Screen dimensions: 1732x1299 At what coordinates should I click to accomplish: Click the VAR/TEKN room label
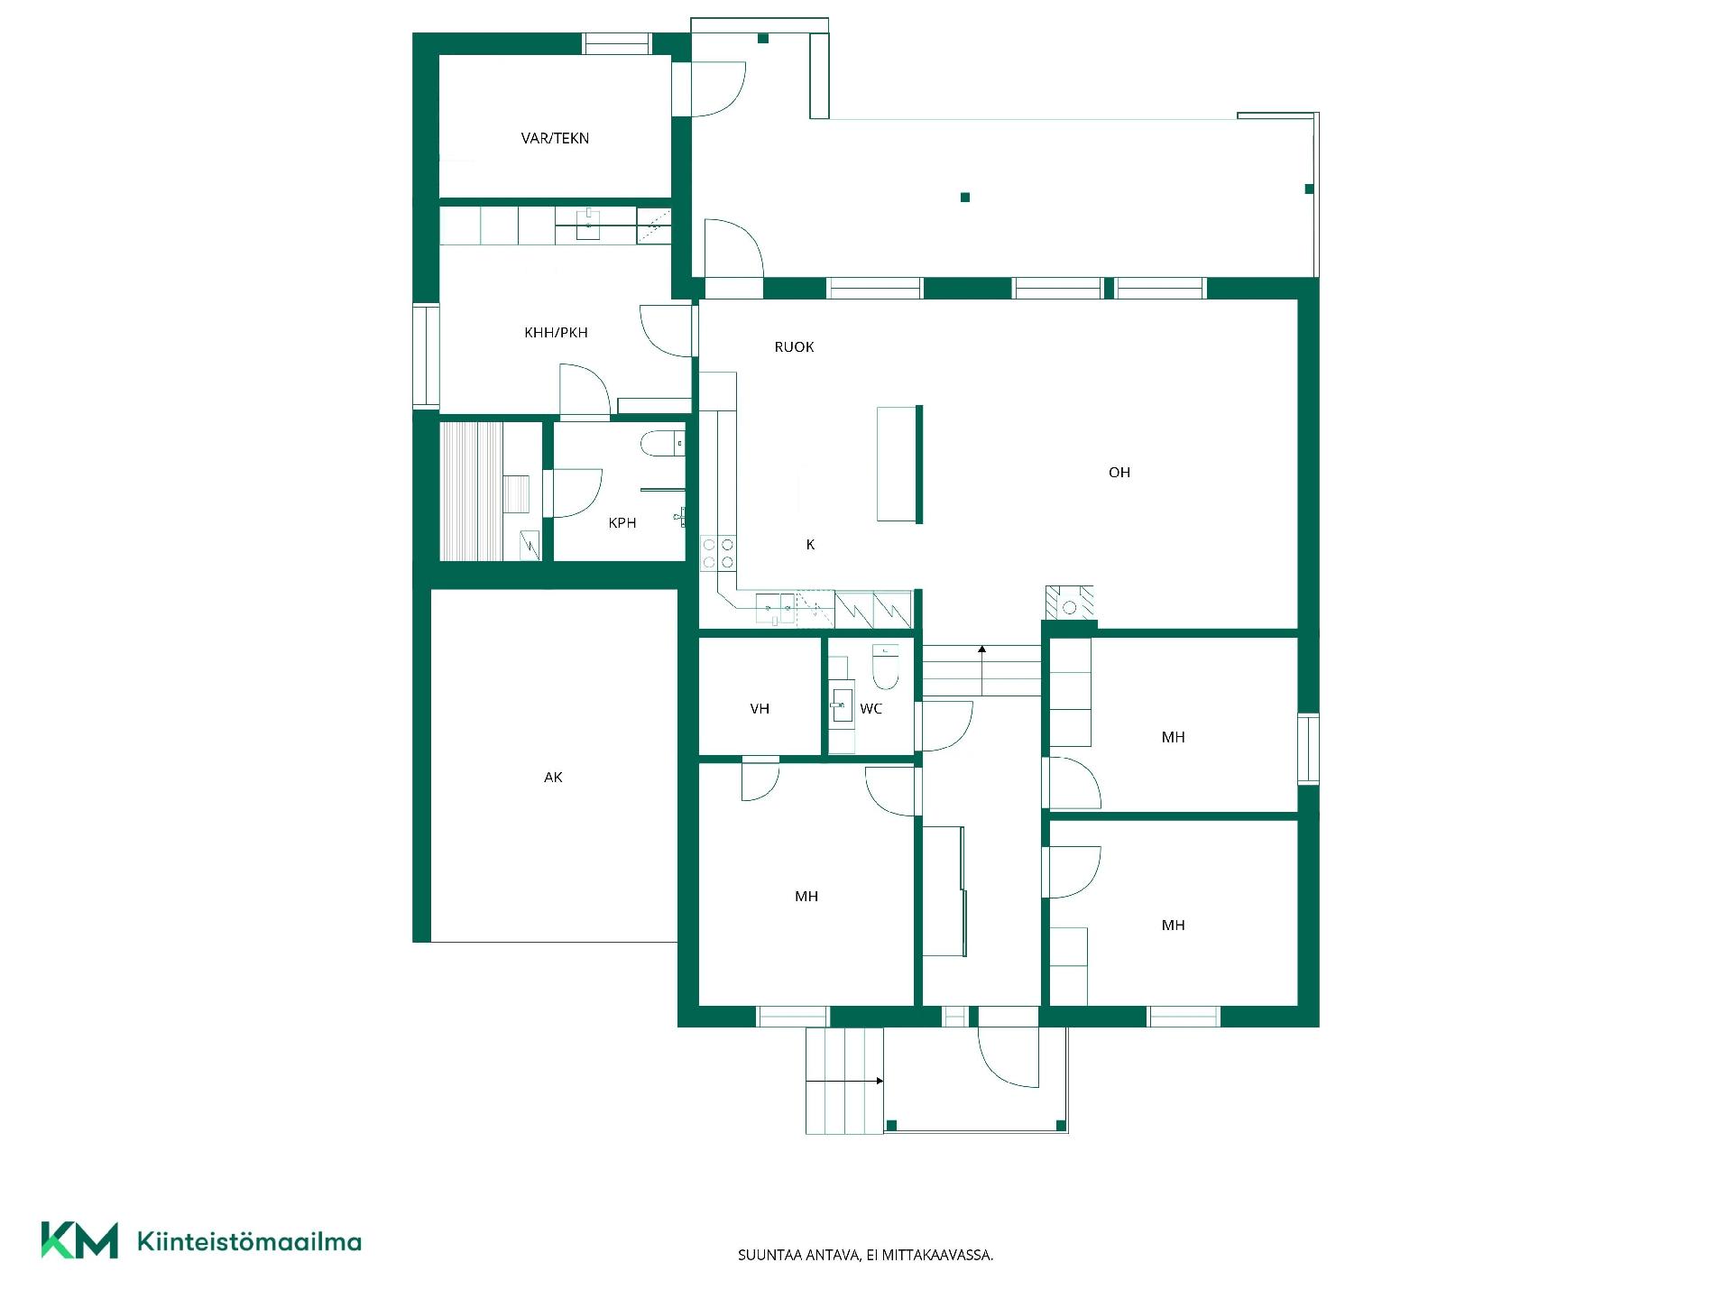pos(555,138)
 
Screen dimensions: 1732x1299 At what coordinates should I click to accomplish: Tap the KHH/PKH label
pos(556,332)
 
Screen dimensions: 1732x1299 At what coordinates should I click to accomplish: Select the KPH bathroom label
pos(622,522)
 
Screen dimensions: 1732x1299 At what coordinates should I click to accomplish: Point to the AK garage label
pos(553,777)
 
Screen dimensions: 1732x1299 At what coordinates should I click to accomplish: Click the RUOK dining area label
pos(794,346)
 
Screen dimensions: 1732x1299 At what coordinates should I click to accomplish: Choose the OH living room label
pos(1119,472)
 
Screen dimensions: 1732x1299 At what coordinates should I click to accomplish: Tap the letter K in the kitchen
pos(810,544)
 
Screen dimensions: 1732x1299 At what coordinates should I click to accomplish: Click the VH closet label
pos(760,708)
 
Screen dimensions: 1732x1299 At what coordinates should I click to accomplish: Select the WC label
pos(871,708)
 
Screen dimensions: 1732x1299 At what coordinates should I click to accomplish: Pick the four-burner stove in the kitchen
pos(718,553)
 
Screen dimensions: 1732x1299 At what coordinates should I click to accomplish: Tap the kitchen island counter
pos(899,464)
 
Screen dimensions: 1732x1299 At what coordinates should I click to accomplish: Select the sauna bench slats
pos(470,491)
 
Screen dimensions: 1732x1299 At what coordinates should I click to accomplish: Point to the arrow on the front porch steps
pos(844,1081)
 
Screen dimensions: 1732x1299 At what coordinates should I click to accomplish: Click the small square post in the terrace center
pos(965,197)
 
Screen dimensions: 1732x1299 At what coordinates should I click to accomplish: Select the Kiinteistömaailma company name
pos(249,1241)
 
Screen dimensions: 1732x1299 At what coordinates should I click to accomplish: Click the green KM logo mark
pos(79,1240)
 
